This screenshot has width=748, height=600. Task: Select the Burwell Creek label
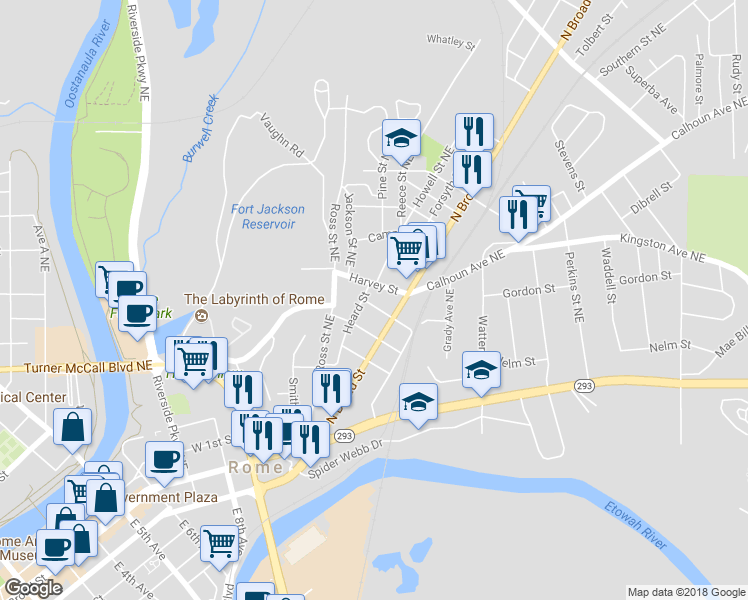click(199, 129)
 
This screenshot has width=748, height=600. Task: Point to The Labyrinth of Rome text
click(253, 299)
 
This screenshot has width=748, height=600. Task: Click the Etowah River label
click(634, 524)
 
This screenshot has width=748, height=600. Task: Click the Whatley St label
click(450, 41)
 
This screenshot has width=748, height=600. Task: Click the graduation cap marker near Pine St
click(401, 138)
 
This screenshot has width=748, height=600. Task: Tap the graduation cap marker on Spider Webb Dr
click(418, 402)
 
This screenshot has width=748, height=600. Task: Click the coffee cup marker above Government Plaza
click(165, 459)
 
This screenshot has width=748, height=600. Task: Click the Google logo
click(33, 588)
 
